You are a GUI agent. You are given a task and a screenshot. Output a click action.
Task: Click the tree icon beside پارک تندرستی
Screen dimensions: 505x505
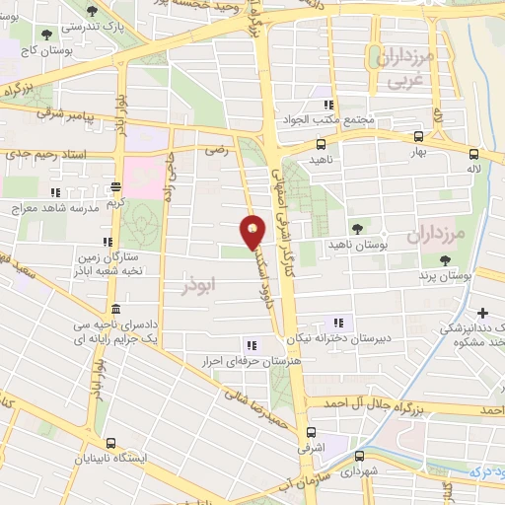[x=93, y=11]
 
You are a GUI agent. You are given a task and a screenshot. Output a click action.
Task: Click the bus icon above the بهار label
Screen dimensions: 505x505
[x=418, y=137]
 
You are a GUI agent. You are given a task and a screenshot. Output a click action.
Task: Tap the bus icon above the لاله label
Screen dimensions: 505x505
[x=474, y=155]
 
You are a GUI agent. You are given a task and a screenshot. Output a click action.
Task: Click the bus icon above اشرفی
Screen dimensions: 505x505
[x=312, y=433]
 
